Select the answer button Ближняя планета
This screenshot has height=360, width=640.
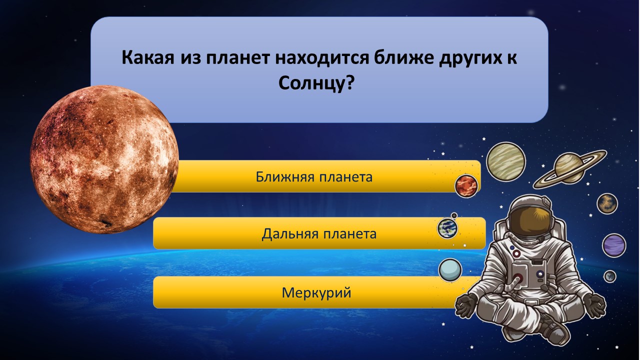[x=314, y=176]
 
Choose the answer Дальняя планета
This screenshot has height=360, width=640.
[x=319, y=233]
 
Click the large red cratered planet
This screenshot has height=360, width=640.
[x=104, y=159]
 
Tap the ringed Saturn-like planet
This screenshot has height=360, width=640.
[x=569, y=168]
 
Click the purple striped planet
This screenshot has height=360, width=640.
[x=614, y=245]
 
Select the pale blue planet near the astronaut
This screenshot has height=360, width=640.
[x=450, y=270]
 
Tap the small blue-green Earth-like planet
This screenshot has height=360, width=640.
[x=447, y=228]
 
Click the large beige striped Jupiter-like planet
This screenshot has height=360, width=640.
[x=506, y=161]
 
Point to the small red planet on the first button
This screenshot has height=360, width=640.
[x=466, y=185]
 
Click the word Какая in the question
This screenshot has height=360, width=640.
[x=147, y=57]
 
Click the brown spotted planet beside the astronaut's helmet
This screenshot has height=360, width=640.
[x=607, y=203]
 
